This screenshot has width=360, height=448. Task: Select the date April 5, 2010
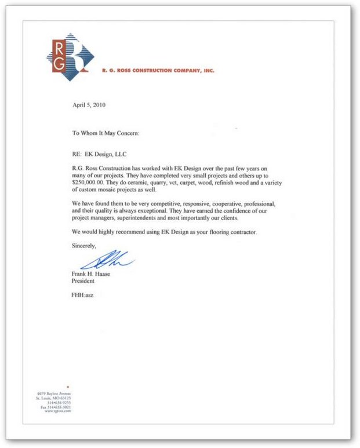coord(89,105)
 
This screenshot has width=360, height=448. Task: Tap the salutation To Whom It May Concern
coord(106,133)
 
